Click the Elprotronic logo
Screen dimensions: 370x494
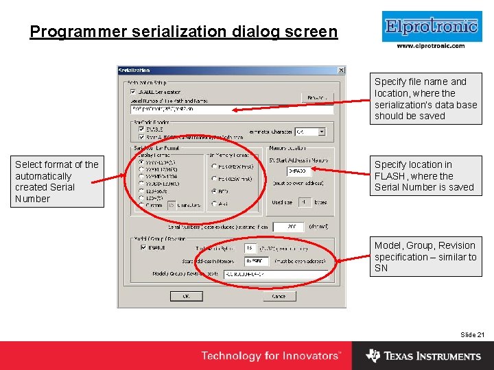(x=430, y=26)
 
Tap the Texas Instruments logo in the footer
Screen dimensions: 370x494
(x=423, y=356)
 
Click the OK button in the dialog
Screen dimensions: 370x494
(x=185, y=296)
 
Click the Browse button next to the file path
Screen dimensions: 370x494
(x=316, y=98)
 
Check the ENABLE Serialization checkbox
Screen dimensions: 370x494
(x=132, y=91)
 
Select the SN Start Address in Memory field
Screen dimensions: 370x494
(x=300, y=171)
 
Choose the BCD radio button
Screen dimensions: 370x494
(x=215, y=191)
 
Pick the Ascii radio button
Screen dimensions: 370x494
(x=215, y=203)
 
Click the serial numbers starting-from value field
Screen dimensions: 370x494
(x=287, y=227)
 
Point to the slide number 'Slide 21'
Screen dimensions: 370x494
(x=472, y=334)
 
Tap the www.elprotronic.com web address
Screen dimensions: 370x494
(x=431, y=46)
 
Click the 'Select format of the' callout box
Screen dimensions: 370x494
(x=58, y=182)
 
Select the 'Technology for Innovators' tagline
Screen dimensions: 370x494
(x=270, y=356)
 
